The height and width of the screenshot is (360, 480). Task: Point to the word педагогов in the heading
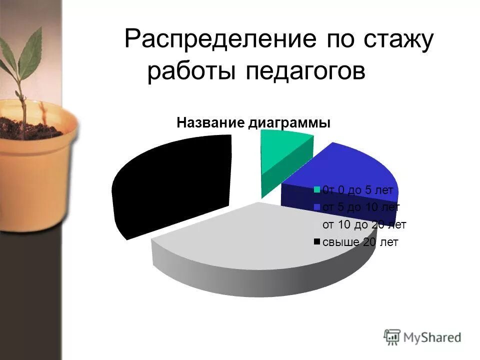coord(305,72)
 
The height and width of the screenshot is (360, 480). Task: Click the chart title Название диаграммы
coord(253,123)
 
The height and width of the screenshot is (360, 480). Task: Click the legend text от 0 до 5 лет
coord(358,190)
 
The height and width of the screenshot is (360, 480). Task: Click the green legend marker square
coord(317,189)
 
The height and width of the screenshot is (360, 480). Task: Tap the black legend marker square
coord(317,242)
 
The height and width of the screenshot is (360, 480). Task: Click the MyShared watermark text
coord(432,337)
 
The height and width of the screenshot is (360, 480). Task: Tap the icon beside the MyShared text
coord(392,336)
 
